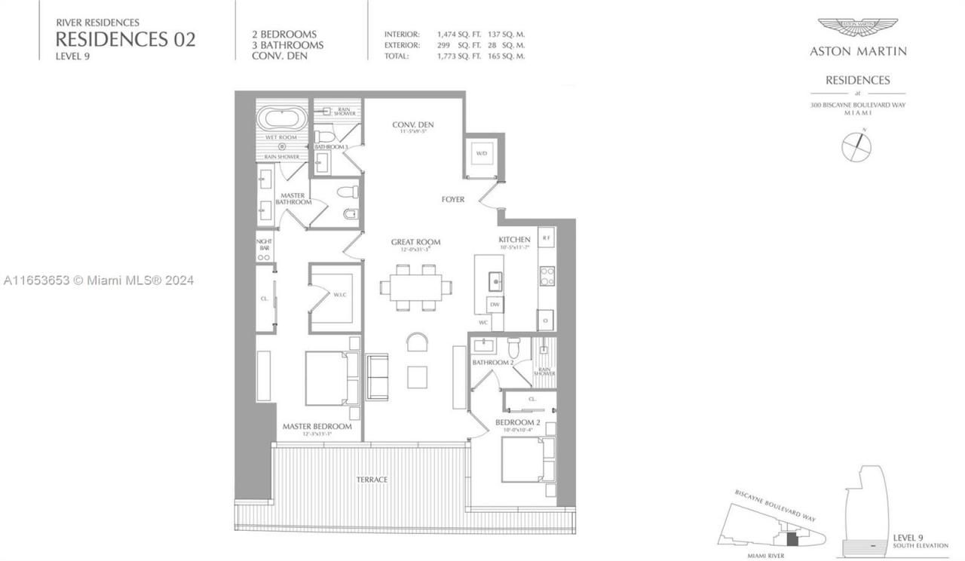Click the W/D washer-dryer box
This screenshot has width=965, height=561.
[480, 155]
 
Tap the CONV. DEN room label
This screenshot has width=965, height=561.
[413, 125]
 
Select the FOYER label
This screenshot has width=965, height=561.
[453, 200]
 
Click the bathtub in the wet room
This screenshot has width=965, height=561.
[283, 119]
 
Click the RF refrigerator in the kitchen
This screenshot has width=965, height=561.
[547, 235]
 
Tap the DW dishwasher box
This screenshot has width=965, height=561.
[495, 305]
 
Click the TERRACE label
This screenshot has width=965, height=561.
[372, 480]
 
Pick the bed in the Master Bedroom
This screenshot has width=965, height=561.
[332, 378]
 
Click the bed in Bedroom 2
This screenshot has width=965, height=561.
[528, 460]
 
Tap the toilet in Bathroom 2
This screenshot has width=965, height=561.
[514, 348]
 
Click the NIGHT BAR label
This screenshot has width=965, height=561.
[264, 244]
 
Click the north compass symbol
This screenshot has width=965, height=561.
[856, 145]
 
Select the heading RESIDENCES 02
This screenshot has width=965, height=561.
[125, 40]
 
